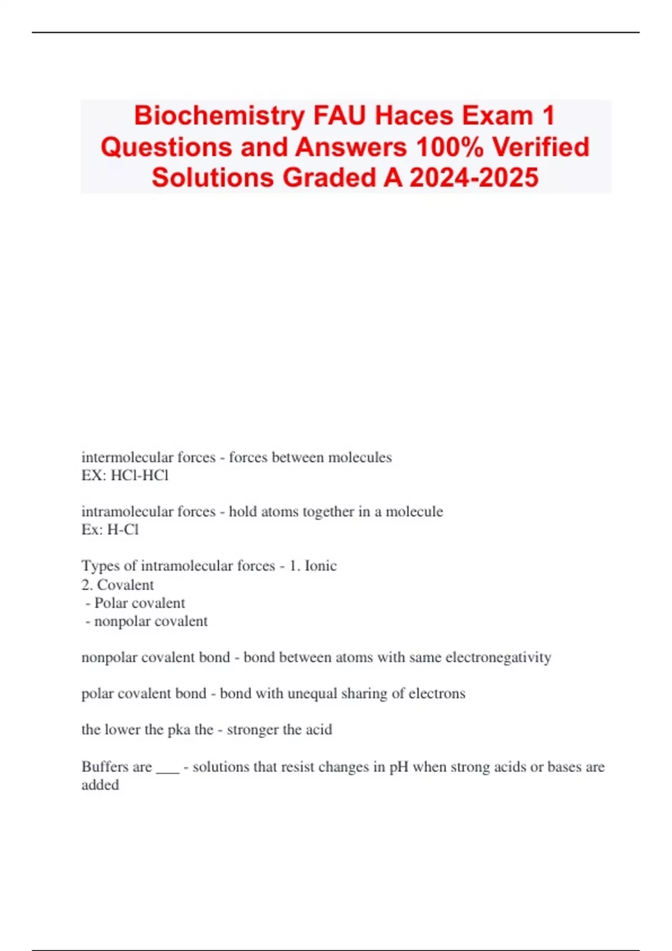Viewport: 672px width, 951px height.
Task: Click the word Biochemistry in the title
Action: (x=219, y=116)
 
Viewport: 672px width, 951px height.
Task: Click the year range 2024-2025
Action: (x=474, y=178)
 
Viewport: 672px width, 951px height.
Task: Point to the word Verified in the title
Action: (x=540, y=147)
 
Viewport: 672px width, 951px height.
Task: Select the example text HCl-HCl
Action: (x=139, y=475)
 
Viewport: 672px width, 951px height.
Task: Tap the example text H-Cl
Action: (x=123, y=530)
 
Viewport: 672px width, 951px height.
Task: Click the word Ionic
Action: (x=320, y=566)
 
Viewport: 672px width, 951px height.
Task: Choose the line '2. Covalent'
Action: (x=118, y=585)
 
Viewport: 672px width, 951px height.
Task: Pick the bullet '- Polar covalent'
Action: (x=135, y=603)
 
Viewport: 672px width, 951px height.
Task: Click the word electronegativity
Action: (x=498, y=657)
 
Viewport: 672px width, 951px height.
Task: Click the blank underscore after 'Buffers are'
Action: (x=167, y=768)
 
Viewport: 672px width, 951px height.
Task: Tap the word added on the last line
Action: (x=100, y=785)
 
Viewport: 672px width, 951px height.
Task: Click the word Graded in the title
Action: (x=329, y=178)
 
